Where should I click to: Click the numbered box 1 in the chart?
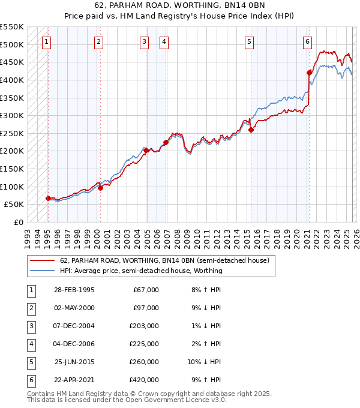(x=47, y=41)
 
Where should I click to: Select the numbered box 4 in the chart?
(x=164, y=41)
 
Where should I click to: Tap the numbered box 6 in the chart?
(x=307, y=41)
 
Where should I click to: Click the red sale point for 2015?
(x=251, y=130)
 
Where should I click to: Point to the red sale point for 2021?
(x=309, y=73)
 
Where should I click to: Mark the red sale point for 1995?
(x=48, y=198)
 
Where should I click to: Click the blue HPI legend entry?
(x=140, y=271)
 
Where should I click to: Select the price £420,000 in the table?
(x=144, y=380)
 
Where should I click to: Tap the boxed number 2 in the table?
(x=30, y=308)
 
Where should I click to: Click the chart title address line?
(x=180, y=6)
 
